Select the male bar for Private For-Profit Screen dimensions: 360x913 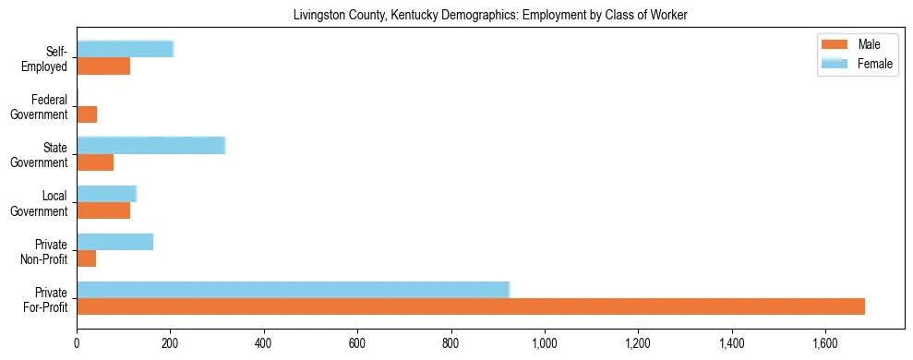tap(471, 306)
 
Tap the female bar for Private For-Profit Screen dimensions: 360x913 tap(293, 290)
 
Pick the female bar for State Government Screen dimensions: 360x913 tap(150, 145)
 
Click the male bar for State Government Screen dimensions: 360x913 tap(95, 162)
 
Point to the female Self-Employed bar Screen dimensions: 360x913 tap(125, 49)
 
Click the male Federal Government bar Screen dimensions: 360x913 tap(87, 114)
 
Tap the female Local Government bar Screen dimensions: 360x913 tap(106, 194)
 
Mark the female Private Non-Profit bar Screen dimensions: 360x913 tap(114, 242)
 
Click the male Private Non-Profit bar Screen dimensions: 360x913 tap(86, 258)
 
